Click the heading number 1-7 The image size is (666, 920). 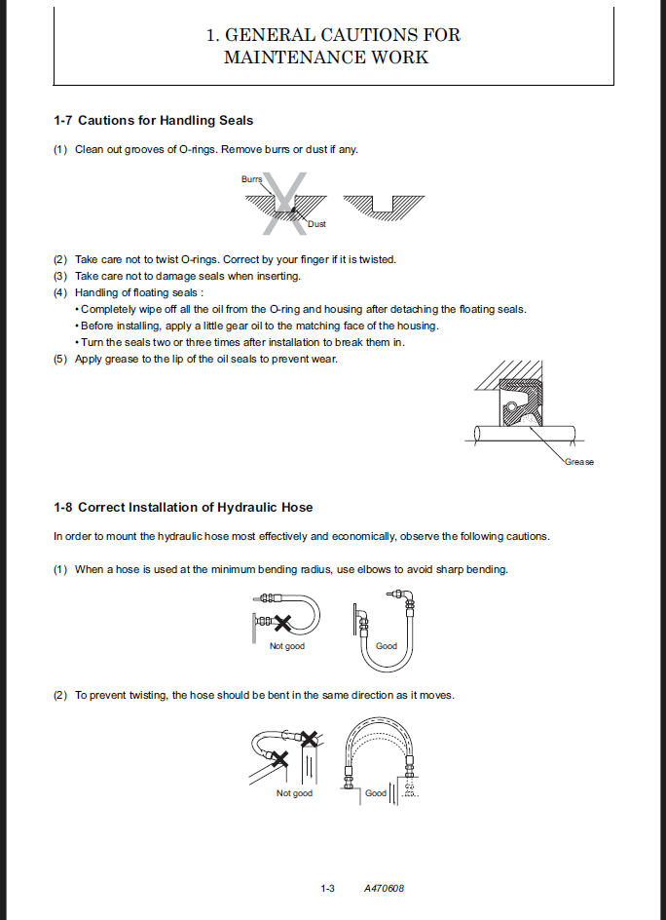pos(63,121)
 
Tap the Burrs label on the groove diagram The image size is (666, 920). pos(252,179)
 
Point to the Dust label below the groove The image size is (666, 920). pos(316,224)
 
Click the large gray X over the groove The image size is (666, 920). pos(284,204)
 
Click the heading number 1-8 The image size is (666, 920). pos(63,508)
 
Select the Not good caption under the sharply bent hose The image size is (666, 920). pos(286,646)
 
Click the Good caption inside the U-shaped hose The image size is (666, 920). pos(387,646)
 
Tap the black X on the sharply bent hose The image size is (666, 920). pos(282,622)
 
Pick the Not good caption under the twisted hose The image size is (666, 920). pos(294,793)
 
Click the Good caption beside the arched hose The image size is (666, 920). pos(376,793)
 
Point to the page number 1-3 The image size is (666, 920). pos(328,888)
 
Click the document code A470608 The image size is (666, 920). pos(384,888)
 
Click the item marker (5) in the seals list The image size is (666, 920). pos(60,359)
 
